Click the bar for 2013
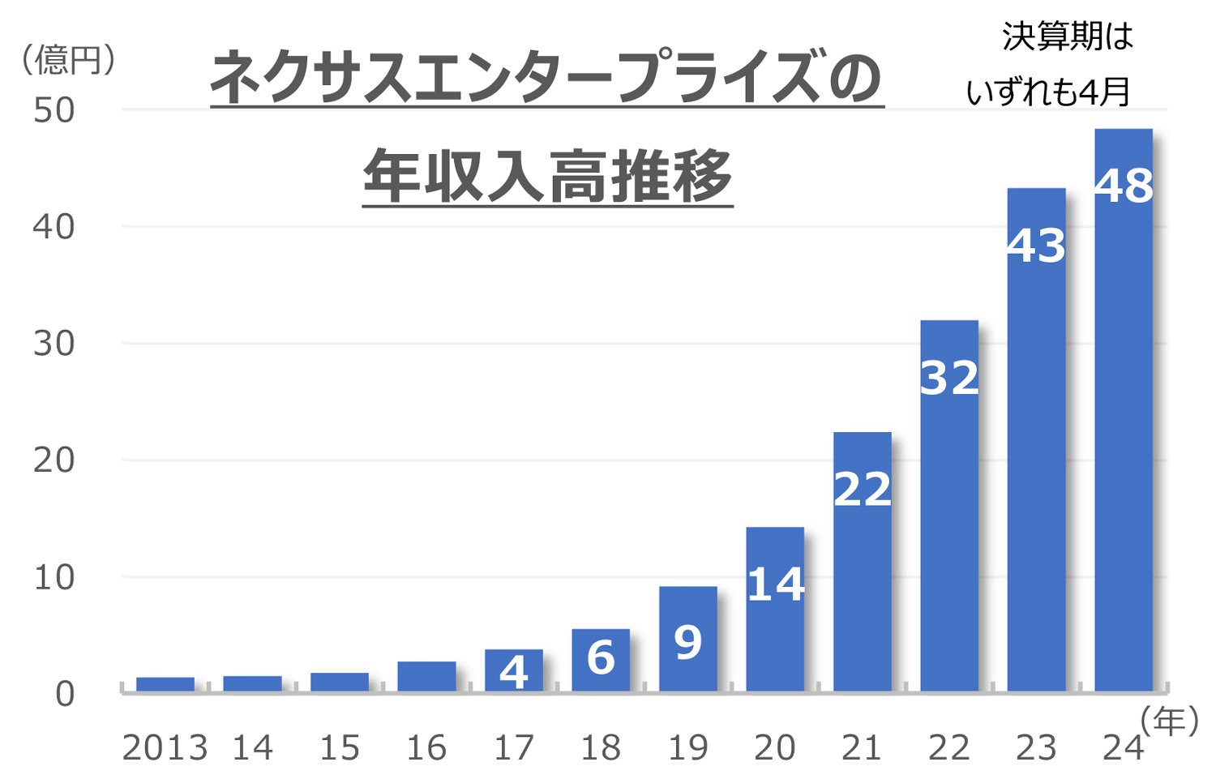(x=165, y=683)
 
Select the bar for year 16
(x=426, y=676)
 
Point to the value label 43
(x=1036, y=246)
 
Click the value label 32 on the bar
(x=949, y=378)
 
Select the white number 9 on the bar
(x=687, y=643)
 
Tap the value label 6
(x=601, y=657)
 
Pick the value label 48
(x=1124, y=186)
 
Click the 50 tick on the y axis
(x=54, y=110)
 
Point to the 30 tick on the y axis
(x=54, y=344)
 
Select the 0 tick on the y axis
(x=64, y=694)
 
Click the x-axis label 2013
(x=165, y=747)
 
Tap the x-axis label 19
(x=687, y=747)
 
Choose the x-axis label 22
(x=949, y=747)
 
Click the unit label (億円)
(x=69, y=60)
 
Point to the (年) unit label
(x=1168, y=720)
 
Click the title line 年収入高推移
(x=547, y=177)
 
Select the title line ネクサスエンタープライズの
(x=546, y=78)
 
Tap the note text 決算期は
(x=1067, y=36)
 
